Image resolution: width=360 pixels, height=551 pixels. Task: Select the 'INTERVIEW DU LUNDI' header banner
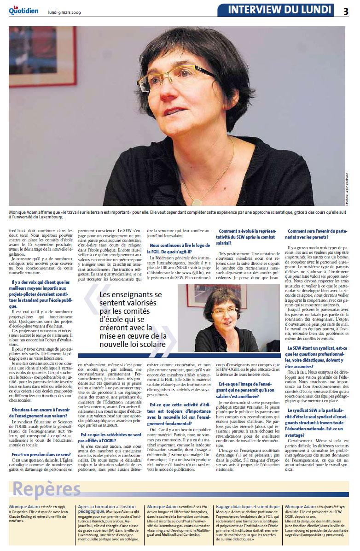pyautogui.click(x=279, y=10)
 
